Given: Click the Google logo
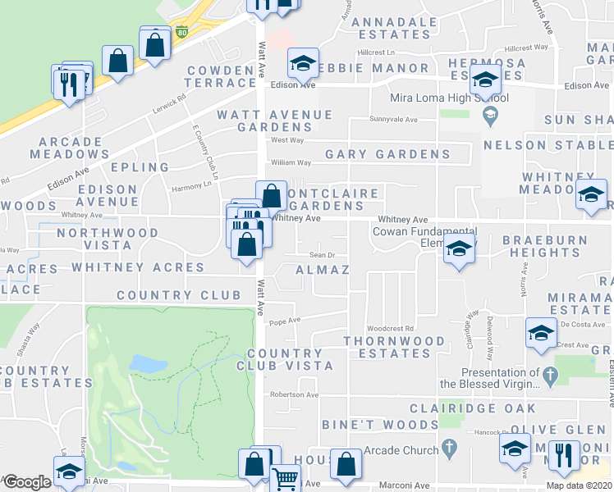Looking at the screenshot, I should coord(26,482).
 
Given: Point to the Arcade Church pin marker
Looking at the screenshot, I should coord(448,449).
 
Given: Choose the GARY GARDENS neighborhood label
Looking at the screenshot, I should coord(387,154).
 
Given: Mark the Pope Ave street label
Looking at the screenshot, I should coord(285,321).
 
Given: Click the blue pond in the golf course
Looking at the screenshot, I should coord(144,363).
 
